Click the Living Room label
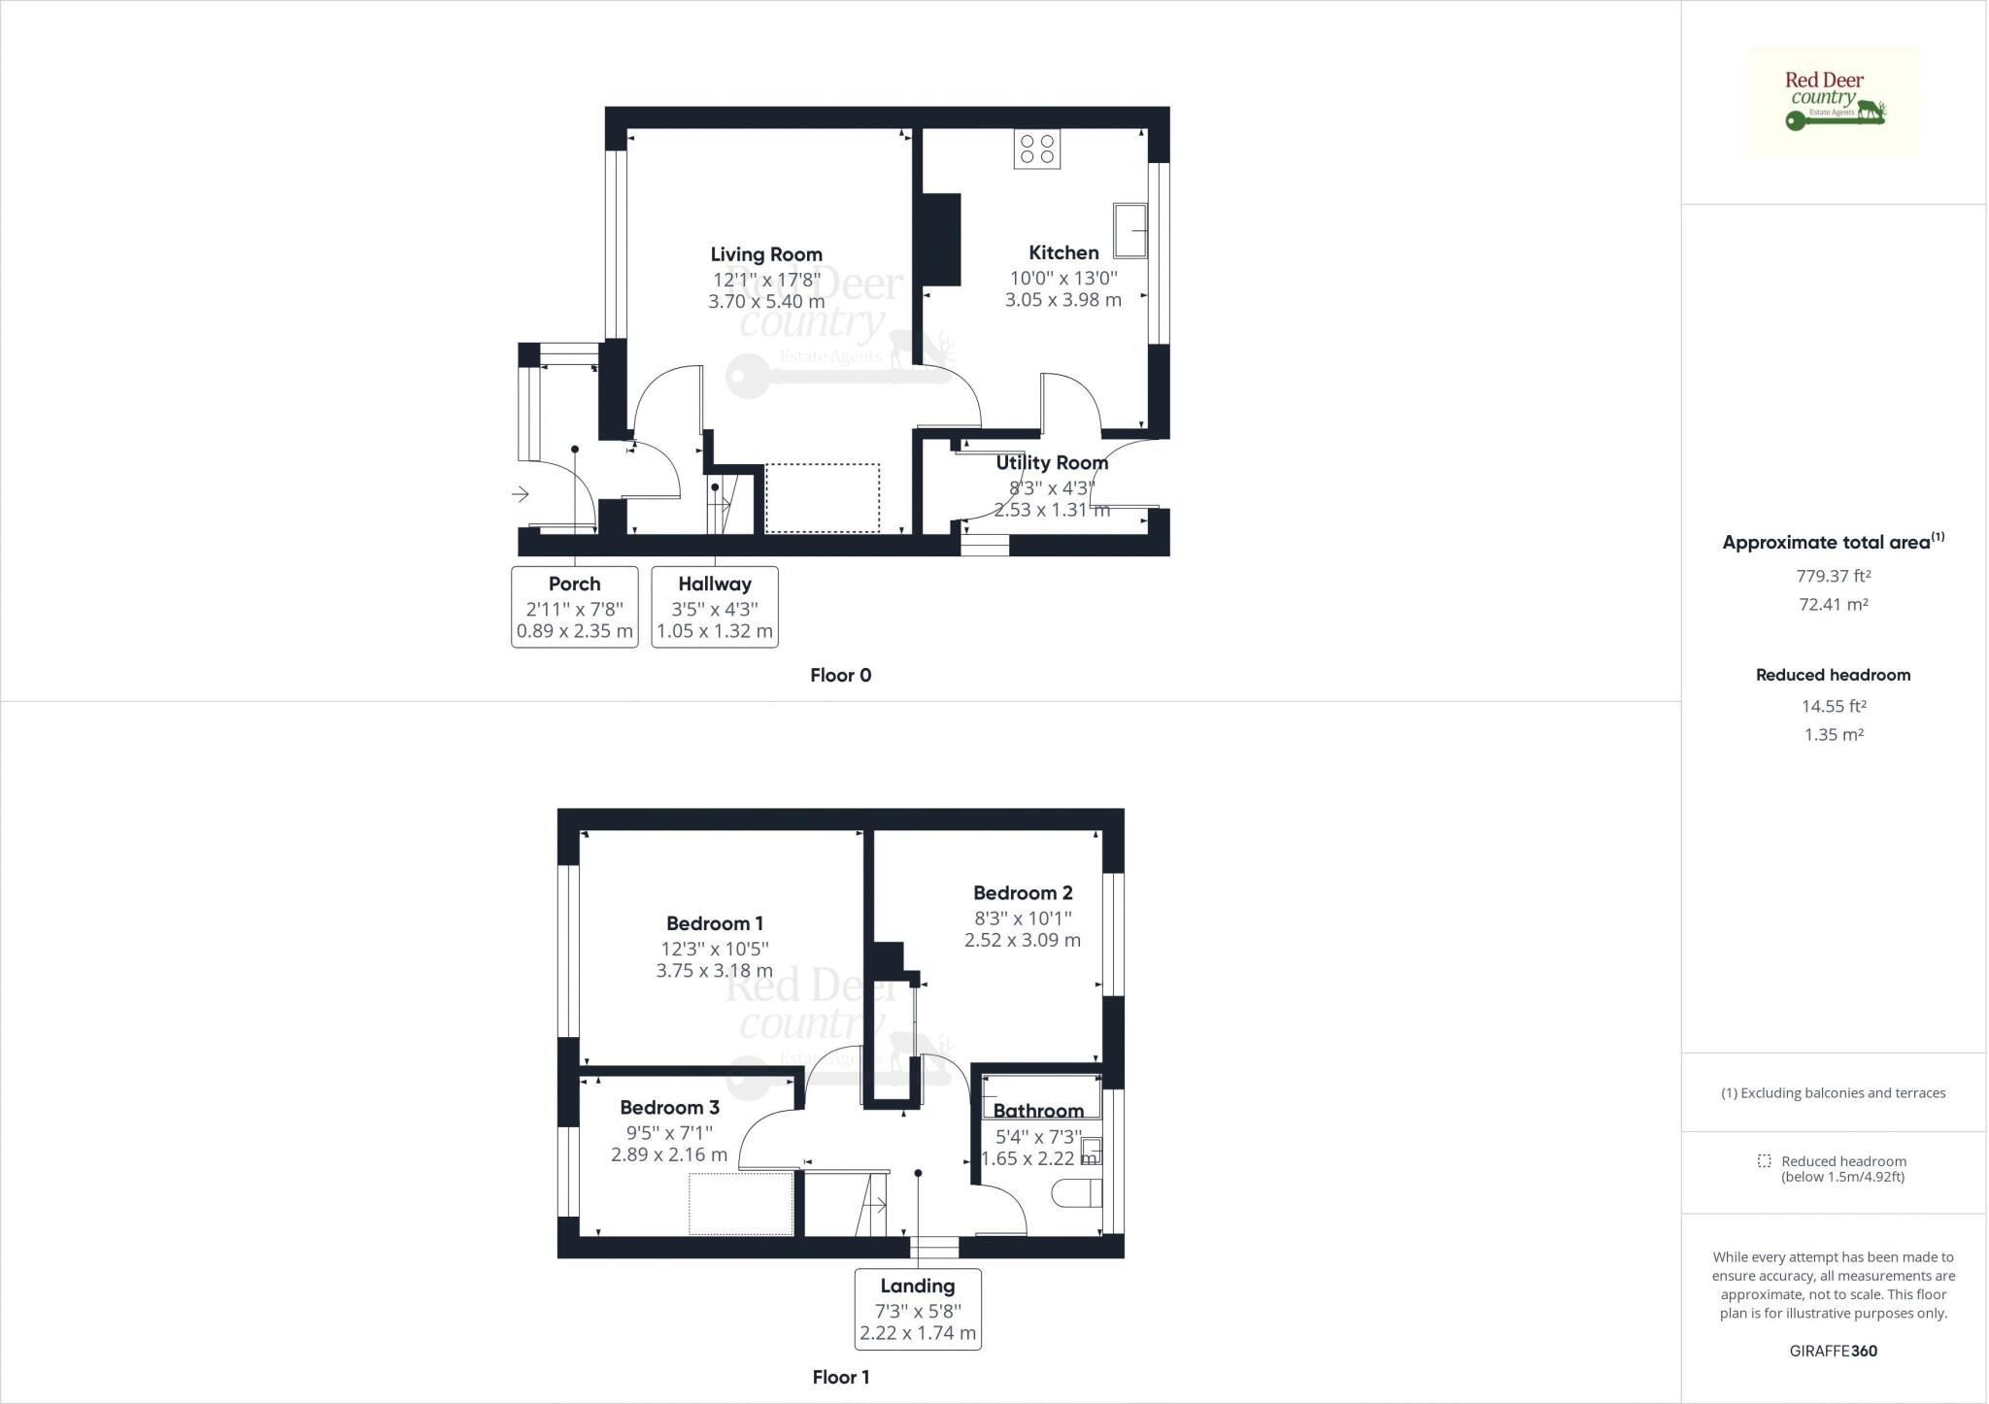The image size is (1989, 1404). (766, 254)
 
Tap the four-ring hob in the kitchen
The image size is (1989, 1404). (1037, 149)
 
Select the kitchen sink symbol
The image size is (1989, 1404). (1130, 230)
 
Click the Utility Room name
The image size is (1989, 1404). (1052, 463)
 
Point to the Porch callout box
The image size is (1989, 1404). (575, 607)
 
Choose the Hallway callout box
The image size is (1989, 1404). (715, 607)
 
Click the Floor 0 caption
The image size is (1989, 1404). (841, 676)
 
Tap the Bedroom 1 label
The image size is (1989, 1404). (715, 923)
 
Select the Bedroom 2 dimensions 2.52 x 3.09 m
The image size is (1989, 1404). (1023, 940)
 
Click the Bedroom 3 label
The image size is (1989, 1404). (670, 1108)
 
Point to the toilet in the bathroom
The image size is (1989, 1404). (1079, 1193)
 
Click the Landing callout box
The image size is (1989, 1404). (918, 1309)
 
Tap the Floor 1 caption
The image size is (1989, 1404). (841, 1377)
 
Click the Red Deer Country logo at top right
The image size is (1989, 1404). (1834, 102)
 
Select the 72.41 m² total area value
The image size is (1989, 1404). (1834, 604)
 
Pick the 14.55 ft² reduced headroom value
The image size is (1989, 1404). (1834, 706)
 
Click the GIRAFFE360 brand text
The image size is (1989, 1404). (1834, 1351)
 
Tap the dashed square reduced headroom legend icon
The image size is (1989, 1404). (1764, 1161)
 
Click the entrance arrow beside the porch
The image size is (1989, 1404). (521, 494)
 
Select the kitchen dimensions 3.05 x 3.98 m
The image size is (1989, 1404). (1063, 300)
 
